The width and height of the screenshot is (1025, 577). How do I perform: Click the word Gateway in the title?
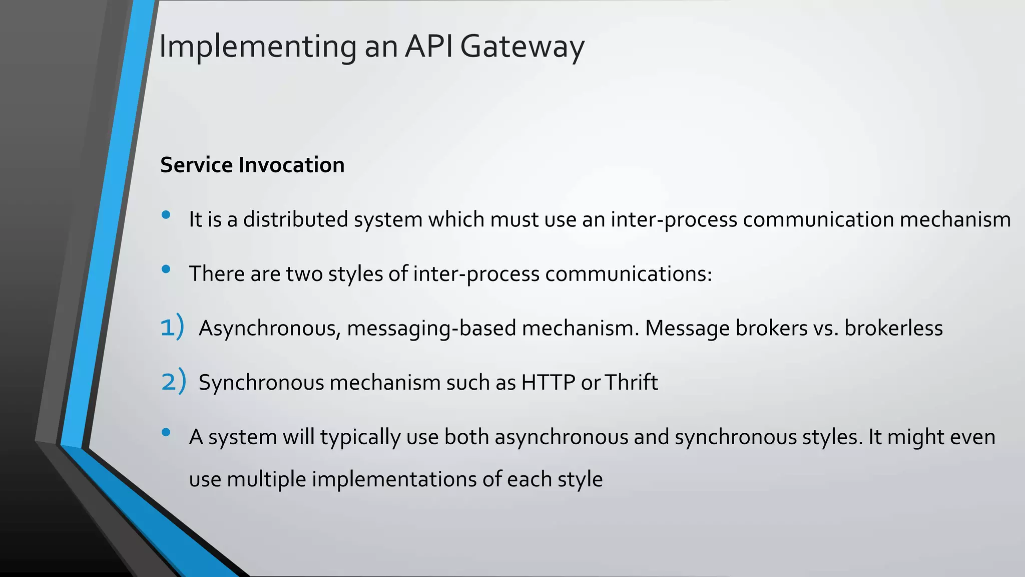click(522, 47)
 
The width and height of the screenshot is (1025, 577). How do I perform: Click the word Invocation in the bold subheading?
click(291, 165)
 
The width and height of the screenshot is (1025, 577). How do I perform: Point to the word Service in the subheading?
click(196, 165)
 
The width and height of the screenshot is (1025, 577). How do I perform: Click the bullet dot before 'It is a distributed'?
click(166, 215)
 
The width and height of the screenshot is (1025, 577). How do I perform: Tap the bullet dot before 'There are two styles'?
click(166, 269)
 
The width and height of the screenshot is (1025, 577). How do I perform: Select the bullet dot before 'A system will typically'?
click(166, 432)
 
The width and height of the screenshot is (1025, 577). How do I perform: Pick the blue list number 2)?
click(173, 381)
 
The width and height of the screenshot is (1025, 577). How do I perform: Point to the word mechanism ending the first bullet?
click(955, 219)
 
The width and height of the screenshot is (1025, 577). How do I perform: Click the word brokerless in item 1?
click(893, 328)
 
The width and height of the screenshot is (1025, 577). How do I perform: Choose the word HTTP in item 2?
click(548, 382)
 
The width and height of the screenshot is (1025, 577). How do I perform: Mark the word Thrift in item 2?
click(631, 382)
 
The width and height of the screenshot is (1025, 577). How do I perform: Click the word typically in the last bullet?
click(360, 437)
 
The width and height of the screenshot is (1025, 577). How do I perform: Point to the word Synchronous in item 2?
click(261, 383)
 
